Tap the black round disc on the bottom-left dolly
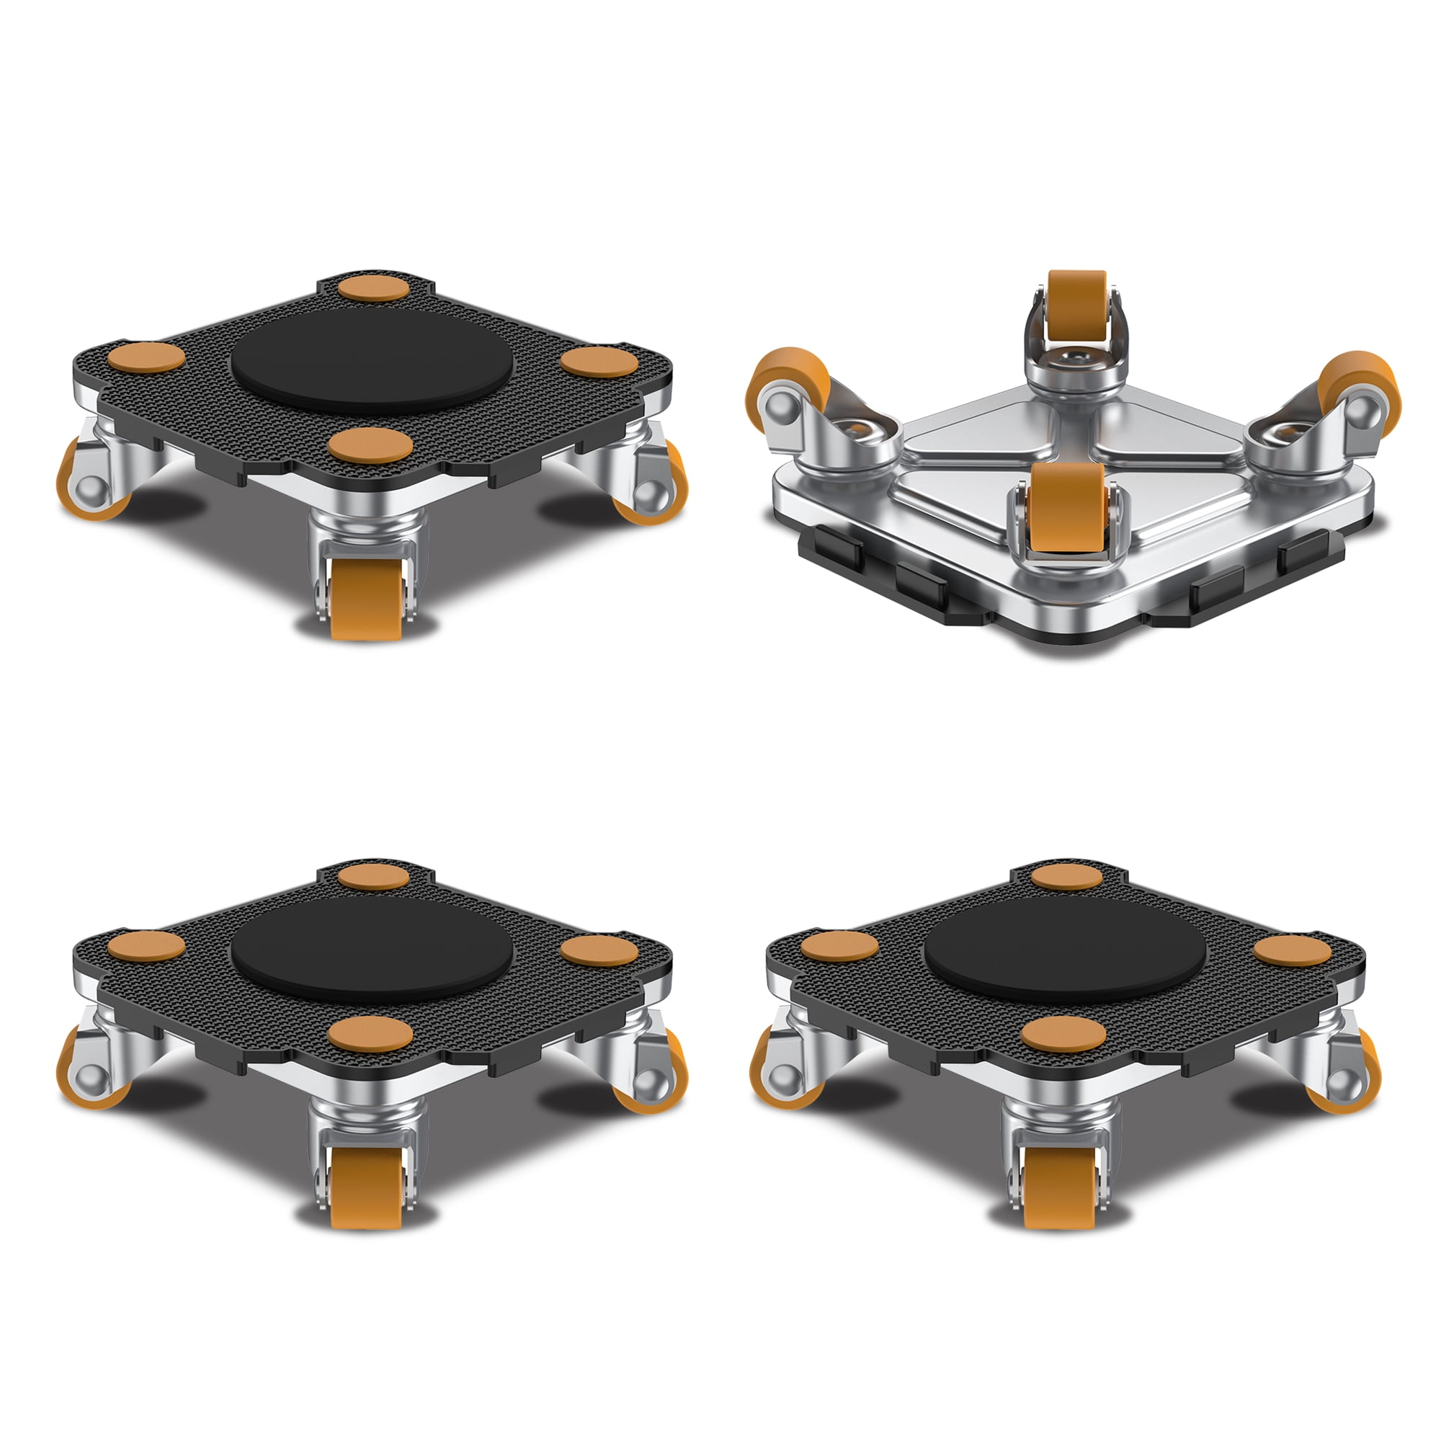click(x=372, y=955)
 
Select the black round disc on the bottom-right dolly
click(x=1065, y=955)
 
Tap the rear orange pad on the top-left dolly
click(x=373, y=288)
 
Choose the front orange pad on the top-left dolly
click(x=370, y=446)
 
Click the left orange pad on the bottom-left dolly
click(x=146, y=946)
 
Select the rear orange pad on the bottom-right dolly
click(x=1066, y=876)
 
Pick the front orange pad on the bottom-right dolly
click(x=1063, y=1035)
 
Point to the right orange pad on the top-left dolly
click(x=599, y=362)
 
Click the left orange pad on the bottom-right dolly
click(x=839, y=946)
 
